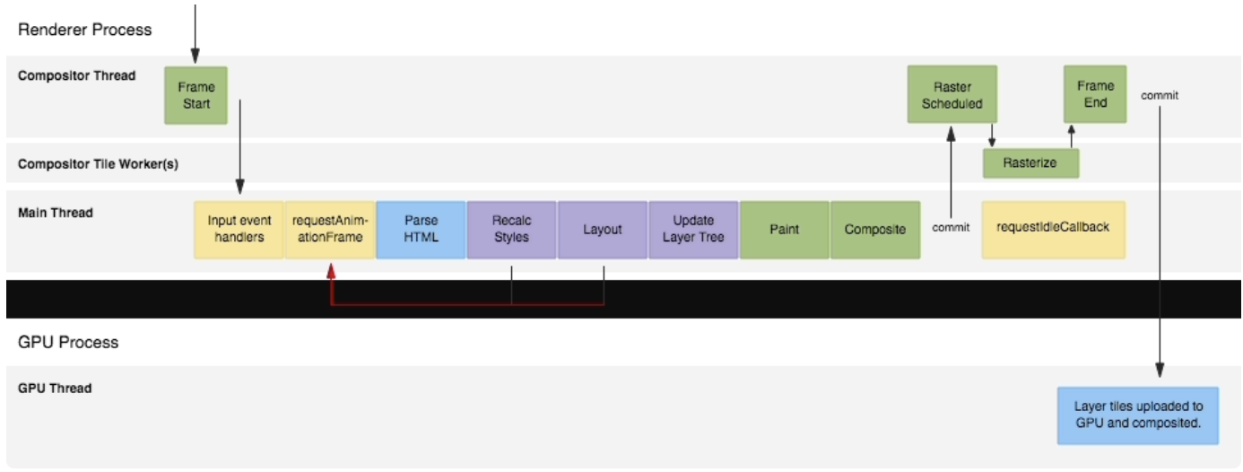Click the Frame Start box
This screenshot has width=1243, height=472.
(196, 95)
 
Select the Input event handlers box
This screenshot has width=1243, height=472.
(239, 230)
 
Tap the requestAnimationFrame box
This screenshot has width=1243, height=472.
(330, 230)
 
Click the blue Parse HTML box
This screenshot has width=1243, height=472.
(421, 230)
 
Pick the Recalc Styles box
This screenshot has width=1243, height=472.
(511, 230)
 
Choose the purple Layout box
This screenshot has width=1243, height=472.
(603, 230)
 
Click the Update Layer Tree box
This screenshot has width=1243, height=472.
(693, 230)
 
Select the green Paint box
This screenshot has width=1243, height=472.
(785, 230)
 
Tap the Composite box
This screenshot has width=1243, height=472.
(875, 230)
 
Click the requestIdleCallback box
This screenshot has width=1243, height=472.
(1053, 228)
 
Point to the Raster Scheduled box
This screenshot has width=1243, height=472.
(952, 95)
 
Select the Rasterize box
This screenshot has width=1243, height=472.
(1030, 163)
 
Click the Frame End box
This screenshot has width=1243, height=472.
(1095, 94)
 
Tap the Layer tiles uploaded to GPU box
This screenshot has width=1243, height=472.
(1138, 415)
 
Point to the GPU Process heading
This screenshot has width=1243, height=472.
(68, 342)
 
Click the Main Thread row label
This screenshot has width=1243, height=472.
(56, 213)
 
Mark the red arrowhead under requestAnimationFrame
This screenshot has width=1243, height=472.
(331, 269)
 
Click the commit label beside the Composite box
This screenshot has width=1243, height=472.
(951, 227)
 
